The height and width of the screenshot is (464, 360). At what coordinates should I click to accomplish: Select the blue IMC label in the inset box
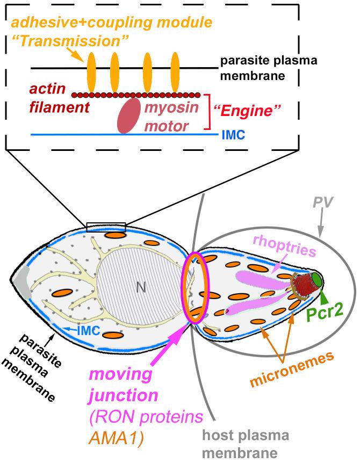point(233,136)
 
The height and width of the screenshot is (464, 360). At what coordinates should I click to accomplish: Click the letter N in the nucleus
point(141,287)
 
